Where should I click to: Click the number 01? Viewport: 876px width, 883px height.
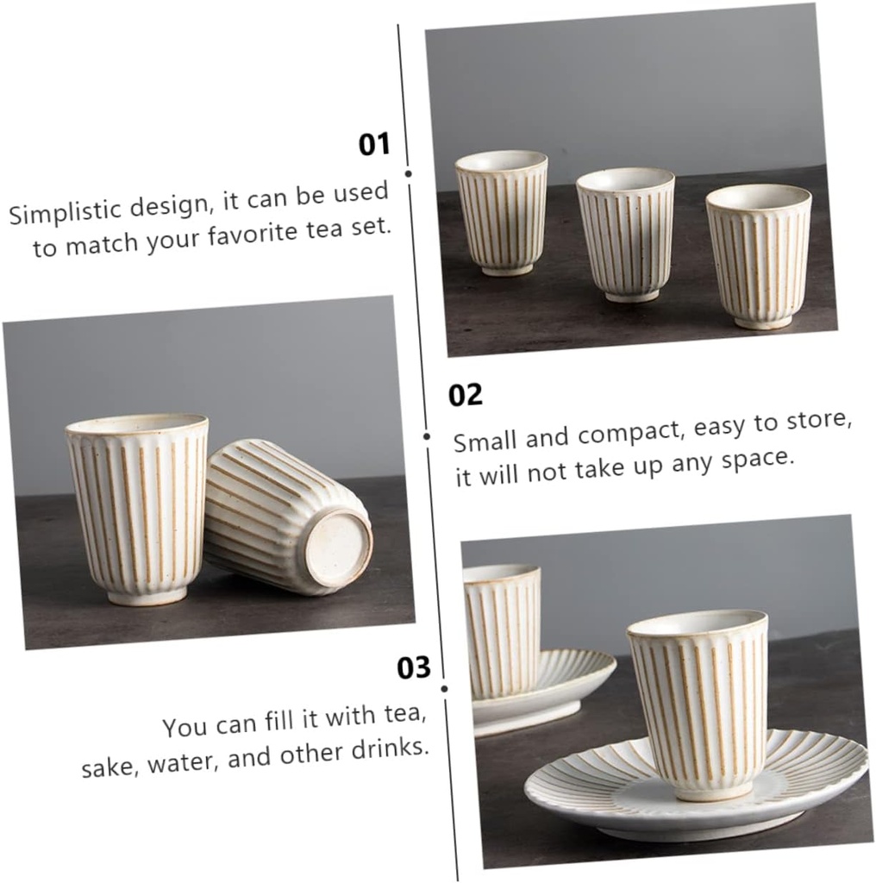(374, 144)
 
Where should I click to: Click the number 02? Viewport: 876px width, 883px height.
(466, 396)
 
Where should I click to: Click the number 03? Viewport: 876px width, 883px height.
(413, 668)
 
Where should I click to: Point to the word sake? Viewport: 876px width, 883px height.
(110, 765)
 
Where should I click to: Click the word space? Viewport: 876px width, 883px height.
(759, 459)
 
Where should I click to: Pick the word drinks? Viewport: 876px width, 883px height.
(393, 748)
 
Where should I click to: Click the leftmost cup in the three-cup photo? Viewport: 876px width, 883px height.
(502, 212)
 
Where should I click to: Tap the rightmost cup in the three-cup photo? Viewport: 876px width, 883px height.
(760, 255)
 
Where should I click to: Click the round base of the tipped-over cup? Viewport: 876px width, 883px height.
(339, 549)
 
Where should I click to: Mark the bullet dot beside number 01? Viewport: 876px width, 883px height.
(408, 173)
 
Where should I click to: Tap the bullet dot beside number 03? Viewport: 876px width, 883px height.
(444, 688)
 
